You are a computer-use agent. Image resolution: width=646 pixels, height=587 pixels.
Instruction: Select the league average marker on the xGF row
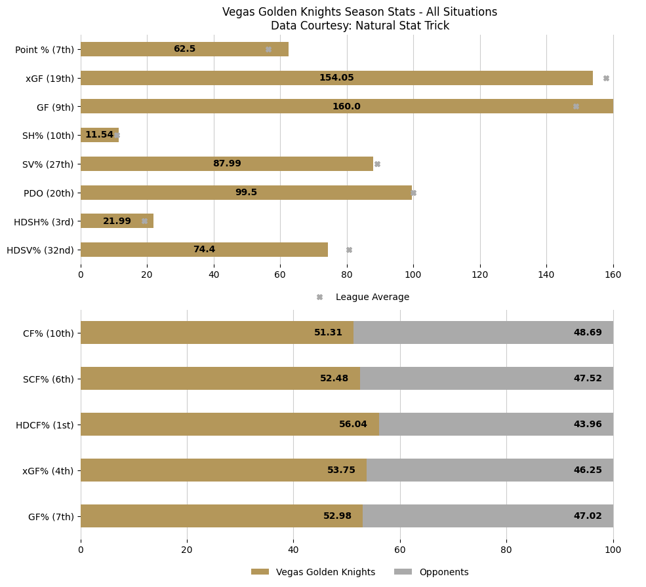click(606, 78)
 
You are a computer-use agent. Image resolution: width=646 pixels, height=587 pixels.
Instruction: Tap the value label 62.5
click(184, 49)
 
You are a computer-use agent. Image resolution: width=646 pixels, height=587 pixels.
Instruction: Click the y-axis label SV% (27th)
click(48, 164)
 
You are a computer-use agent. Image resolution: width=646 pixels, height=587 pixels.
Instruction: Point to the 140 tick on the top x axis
click(546, 275)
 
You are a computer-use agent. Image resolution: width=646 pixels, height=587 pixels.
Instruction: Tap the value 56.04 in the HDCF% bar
click(353, 425)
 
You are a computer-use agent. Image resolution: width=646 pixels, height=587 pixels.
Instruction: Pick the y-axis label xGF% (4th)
click(48, 470)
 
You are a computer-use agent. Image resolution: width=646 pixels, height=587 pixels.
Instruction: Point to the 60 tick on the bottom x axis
click(400, 550)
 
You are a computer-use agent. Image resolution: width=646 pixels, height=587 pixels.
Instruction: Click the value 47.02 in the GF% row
click(588, 516)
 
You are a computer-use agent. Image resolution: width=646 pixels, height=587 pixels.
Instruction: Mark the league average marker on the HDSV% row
click(349, 250)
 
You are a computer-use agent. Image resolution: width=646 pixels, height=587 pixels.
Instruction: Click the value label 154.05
click(336, 78)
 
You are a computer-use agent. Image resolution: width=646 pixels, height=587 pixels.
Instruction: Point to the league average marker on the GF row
click(576, 106)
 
